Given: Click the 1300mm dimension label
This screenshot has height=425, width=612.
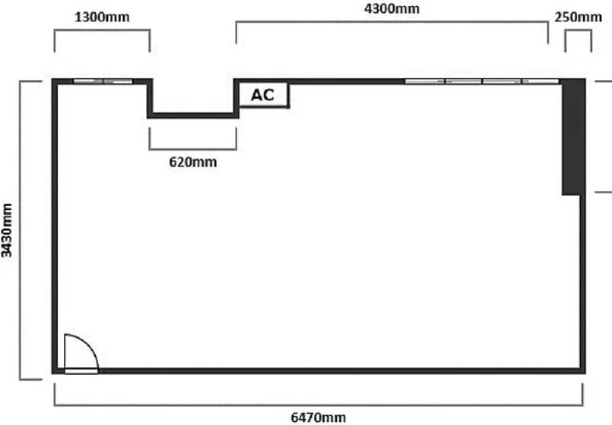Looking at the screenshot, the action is pos(102,17).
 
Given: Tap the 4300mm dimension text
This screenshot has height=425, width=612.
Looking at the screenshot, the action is pos(392,8).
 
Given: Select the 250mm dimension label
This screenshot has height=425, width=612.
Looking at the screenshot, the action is pos(578,17).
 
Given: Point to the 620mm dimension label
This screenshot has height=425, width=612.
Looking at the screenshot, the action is pos(193,162).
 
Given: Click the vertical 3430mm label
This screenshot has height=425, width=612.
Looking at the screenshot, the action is pos(7,230).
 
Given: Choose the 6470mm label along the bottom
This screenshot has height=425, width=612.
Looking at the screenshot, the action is pos(319,417).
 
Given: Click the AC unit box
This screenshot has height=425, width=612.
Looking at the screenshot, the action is pos(263,94).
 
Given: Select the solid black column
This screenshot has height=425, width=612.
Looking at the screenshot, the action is pos(573,137).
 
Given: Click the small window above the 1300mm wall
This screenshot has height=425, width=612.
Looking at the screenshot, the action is pos(103,81).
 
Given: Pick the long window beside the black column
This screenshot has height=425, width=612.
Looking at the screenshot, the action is pos(482,81).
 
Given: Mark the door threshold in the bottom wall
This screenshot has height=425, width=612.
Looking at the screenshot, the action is pos(81,371).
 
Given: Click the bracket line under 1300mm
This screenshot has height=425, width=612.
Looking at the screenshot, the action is pos(102,30).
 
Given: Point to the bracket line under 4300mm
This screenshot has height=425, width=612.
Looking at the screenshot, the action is pos(392,22).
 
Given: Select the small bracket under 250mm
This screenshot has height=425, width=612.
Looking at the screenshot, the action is pos(578,30).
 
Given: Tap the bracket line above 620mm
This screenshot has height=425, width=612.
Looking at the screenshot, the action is pos(193,149).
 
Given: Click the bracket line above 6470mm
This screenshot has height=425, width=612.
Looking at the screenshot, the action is pos(319,405).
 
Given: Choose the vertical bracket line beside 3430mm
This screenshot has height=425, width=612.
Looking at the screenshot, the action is pos(21,230).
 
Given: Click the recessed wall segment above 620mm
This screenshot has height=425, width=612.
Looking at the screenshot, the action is pos(193,115).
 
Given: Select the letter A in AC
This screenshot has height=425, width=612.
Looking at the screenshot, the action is pos(256,95).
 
